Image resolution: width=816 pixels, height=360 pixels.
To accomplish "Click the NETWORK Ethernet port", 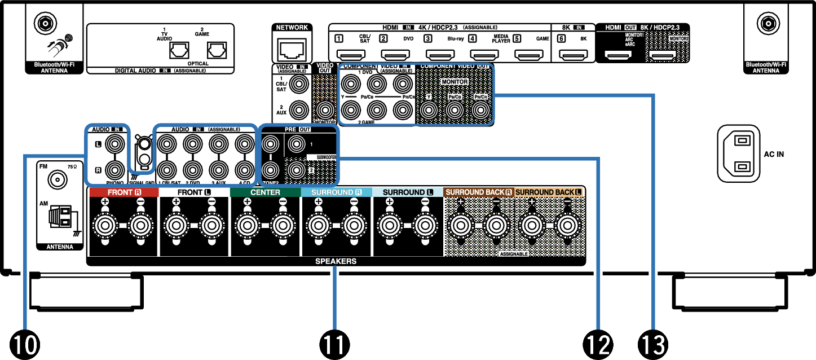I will pyautogui.click(x=292, y=50).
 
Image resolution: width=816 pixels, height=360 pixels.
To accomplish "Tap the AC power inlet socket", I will pyautogui.click(x=738, y=153).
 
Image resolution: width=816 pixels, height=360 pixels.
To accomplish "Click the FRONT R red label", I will pyautogui.click(x=123, y=192).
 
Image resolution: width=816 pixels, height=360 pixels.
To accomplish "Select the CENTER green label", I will pyautogui.click(x=265, y=192).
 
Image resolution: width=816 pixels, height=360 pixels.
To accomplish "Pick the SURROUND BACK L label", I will pyautogui.click(x=549, y=192).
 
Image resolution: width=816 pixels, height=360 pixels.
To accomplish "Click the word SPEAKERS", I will pyautogui.click(x=336, y=262).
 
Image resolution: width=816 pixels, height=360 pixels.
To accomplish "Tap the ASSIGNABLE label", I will pyautogui.click(x=514, y=254).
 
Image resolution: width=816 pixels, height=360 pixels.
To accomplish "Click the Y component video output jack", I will pyautogui.click(x=429, y=111).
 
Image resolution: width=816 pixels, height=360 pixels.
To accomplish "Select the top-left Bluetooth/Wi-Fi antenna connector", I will pyautogui.click(x=45, y=24).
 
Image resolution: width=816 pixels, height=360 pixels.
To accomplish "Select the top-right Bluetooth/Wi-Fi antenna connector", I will pyautogui.click(x=768, y=24).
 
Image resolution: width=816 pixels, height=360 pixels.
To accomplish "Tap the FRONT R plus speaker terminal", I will pyautogui.click(x=104, y=226).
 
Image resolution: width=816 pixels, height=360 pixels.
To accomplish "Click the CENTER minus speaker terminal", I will pyautogui.click(x=283, y=226).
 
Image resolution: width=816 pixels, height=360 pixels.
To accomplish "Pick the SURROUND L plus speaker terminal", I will pyautogui.click(x=389, y=226).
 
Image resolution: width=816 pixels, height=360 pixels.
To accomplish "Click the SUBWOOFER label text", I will pyautogui.click(x=321, y=157).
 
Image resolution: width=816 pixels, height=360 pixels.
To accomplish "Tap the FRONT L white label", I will pyautogui.click(x=194, y=192).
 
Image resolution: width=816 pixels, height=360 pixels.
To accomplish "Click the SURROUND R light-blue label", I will pyautogui.click(x=336, y=192).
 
